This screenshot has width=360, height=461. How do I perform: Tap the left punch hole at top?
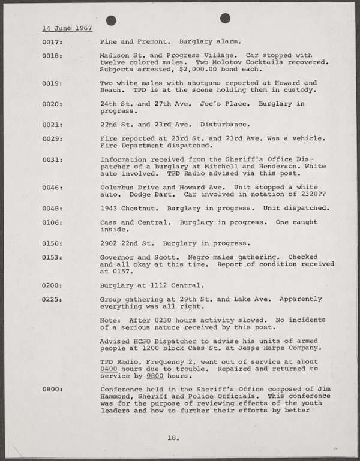coord(111,20)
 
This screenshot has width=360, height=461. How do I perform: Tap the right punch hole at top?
coord(225,18)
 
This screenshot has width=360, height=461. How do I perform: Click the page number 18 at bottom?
coord(173,438)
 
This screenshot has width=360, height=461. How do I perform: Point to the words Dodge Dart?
coord(142,194)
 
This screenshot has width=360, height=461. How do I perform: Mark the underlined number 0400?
coord(110,369)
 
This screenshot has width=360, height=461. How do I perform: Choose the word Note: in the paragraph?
coord(112,320)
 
